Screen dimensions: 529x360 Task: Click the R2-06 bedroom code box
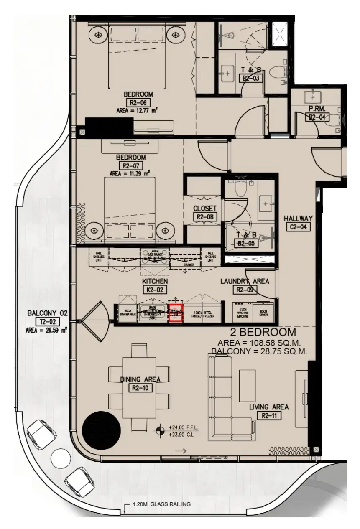click(x=138, y=103)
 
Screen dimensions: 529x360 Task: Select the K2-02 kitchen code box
click(x=154, y=289)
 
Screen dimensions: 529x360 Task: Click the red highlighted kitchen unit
click(x=176, y=313)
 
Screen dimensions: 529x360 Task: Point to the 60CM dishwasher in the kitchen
click(x=128, y=313)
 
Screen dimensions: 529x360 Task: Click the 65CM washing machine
click(x=243, y=313)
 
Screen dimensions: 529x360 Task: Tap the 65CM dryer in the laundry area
click(x=264, y=313)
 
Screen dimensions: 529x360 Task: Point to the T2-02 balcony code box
click(x=47, y=321)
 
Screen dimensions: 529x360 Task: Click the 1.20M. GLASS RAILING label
click(x=161, y=504)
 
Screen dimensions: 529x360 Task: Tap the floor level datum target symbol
click(x=160, y=430)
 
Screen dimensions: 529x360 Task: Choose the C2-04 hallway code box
click(x=298, y=227)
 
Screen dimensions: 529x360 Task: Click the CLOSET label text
click(x=205, y=208)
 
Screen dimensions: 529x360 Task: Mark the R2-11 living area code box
click(x=269, y=415)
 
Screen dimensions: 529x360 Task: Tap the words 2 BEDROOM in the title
click(x=263, y=332)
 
